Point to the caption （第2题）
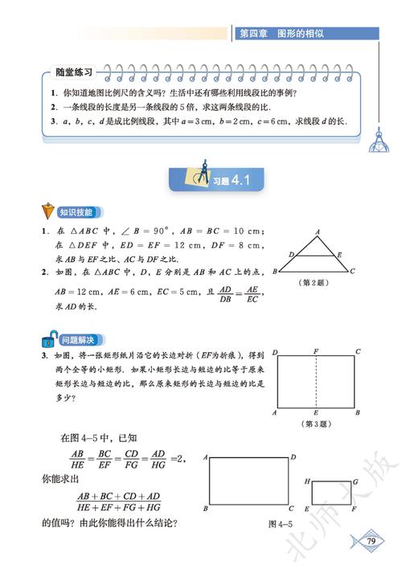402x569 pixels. click(x=310, y=282)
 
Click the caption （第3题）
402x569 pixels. click(x=316, y=424)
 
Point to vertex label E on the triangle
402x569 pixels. click(x=338, y=253)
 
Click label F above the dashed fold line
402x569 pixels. click(x=317, y=352)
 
